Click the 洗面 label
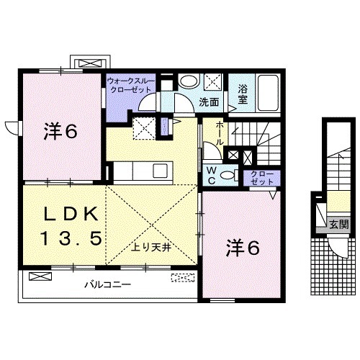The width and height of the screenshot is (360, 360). (x=210, y=102)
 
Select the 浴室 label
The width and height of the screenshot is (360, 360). (x=244, y=94)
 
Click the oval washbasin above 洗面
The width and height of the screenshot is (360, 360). (x=188, y=81)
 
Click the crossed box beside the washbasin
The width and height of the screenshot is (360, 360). (x=212, y=81)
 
